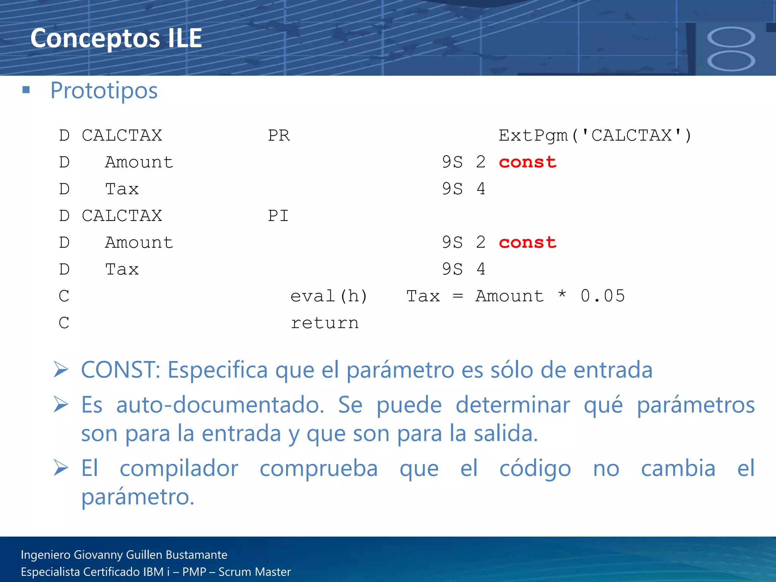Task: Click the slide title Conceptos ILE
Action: click(116, 38)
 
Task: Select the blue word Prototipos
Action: click(104, 91)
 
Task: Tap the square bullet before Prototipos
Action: click(26, 90)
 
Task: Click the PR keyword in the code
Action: click(279, 136)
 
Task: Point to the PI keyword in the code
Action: click(278, 216)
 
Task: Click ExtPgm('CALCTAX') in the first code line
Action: click(595, 136)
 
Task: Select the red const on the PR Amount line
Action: click(527, 162)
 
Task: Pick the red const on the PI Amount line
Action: click(527, 242)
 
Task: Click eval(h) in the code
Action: click(329, 296)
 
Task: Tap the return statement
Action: click(325, 323)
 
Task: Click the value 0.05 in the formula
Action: click(602, 296)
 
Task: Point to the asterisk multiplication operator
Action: click(562, 295)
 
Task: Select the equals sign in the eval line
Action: click(458, 296)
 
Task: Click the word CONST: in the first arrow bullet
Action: click(120, 370)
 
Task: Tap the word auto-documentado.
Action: click(220, 405)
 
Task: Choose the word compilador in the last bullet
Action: click(179, 468)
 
